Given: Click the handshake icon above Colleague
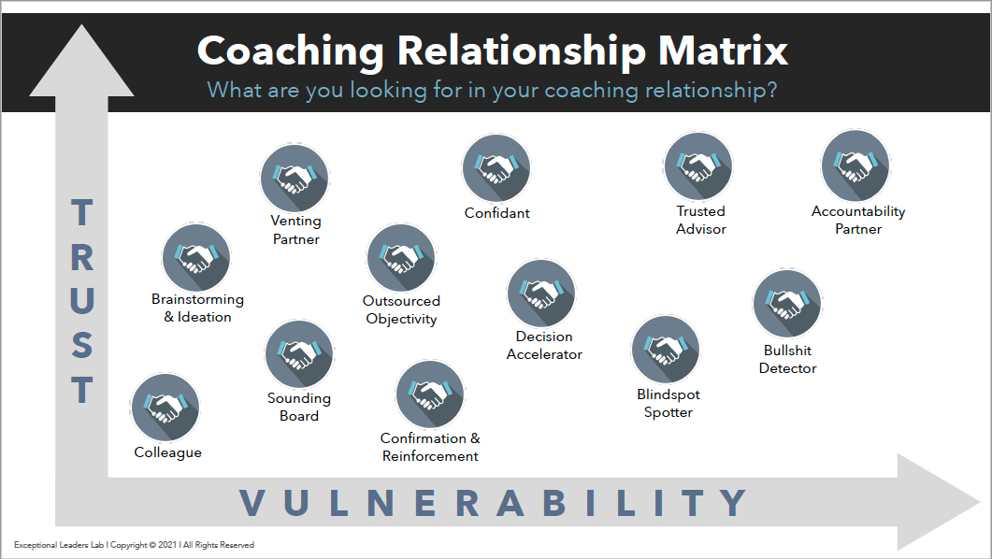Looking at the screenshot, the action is [165, 408].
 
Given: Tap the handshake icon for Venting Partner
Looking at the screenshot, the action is [295, 178].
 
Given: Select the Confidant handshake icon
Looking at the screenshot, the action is [496, 168].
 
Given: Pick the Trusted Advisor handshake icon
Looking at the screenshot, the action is [698, 166].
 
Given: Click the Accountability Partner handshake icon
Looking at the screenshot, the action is [855, 165].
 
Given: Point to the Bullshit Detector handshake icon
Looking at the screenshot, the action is [787, 304].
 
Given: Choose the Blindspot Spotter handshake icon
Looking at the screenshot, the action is [666, 349].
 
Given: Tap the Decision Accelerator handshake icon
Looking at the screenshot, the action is [541, 294].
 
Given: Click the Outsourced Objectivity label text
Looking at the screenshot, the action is [401, 309].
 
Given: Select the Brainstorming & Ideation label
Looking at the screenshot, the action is [197, 308].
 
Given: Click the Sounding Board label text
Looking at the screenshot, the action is [298, 407].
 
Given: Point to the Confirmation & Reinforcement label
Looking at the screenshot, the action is [430, 447].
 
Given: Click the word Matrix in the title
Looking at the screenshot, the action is [723, 50].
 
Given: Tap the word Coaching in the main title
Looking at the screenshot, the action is [291, 51].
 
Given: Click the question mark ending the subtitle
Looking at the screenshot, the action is [771, 90].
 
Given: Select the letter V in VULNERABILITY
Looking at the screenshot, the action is [252, 503].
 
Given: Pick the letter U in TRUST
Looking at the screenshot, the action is [81, 300].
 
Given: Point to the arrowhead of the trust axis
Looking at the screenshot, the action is [81, 60].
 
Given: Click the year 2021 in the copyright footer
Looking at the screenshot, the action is [167, 544].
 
